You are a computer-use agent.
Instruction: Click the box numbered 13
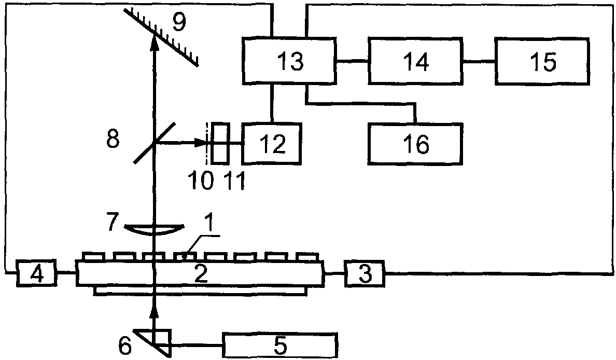(x=289, y=61)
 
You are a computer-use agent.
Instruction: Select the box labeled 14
(x=415, y=61)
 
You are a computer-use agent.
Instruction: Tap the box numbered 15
(x=542, y=61)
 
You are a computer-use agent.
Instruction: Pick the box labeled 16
(x=415, y=144)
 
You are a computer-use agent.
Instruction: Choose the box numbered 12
(x=272, y=143)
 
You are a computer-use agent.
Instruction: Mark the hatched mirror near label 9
(x=161, y=37)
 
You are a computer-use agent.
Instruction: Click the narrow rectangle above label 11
(x=220, y=143)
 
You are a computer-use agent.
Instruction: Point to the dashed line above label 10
(x=207, y=143)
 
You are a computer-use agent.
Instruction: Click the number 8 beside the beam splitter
(x=113, y=139)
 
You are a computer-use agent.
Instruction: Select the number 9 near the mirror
(x=179, y=22)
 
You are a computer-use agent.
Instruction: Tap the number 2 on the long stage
(x=201, y=273)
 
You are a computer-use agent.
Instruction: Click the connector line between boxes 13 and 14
(x=352, y=61)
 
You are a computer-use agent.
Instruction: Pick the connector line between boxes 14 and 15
(x=479, y=61)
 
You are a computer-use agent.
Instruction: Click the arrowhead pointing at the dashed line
(x=200, y=144)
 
